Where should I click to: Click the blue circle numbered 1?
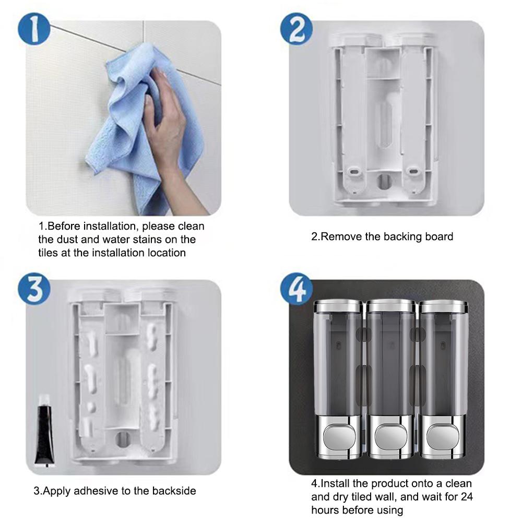pos(34,29)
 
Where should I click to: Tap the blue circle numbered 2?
pos(296,29)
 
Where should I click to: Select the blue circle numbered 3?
pos(34,289)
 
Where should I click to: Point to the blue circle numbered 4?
pos(296,289)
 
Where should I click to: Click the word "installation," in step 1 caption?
pos(111,227)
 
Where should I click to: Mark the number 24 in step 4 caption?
pos(467,497)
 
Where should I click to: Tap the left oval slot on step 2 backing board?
pos(354,172)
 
